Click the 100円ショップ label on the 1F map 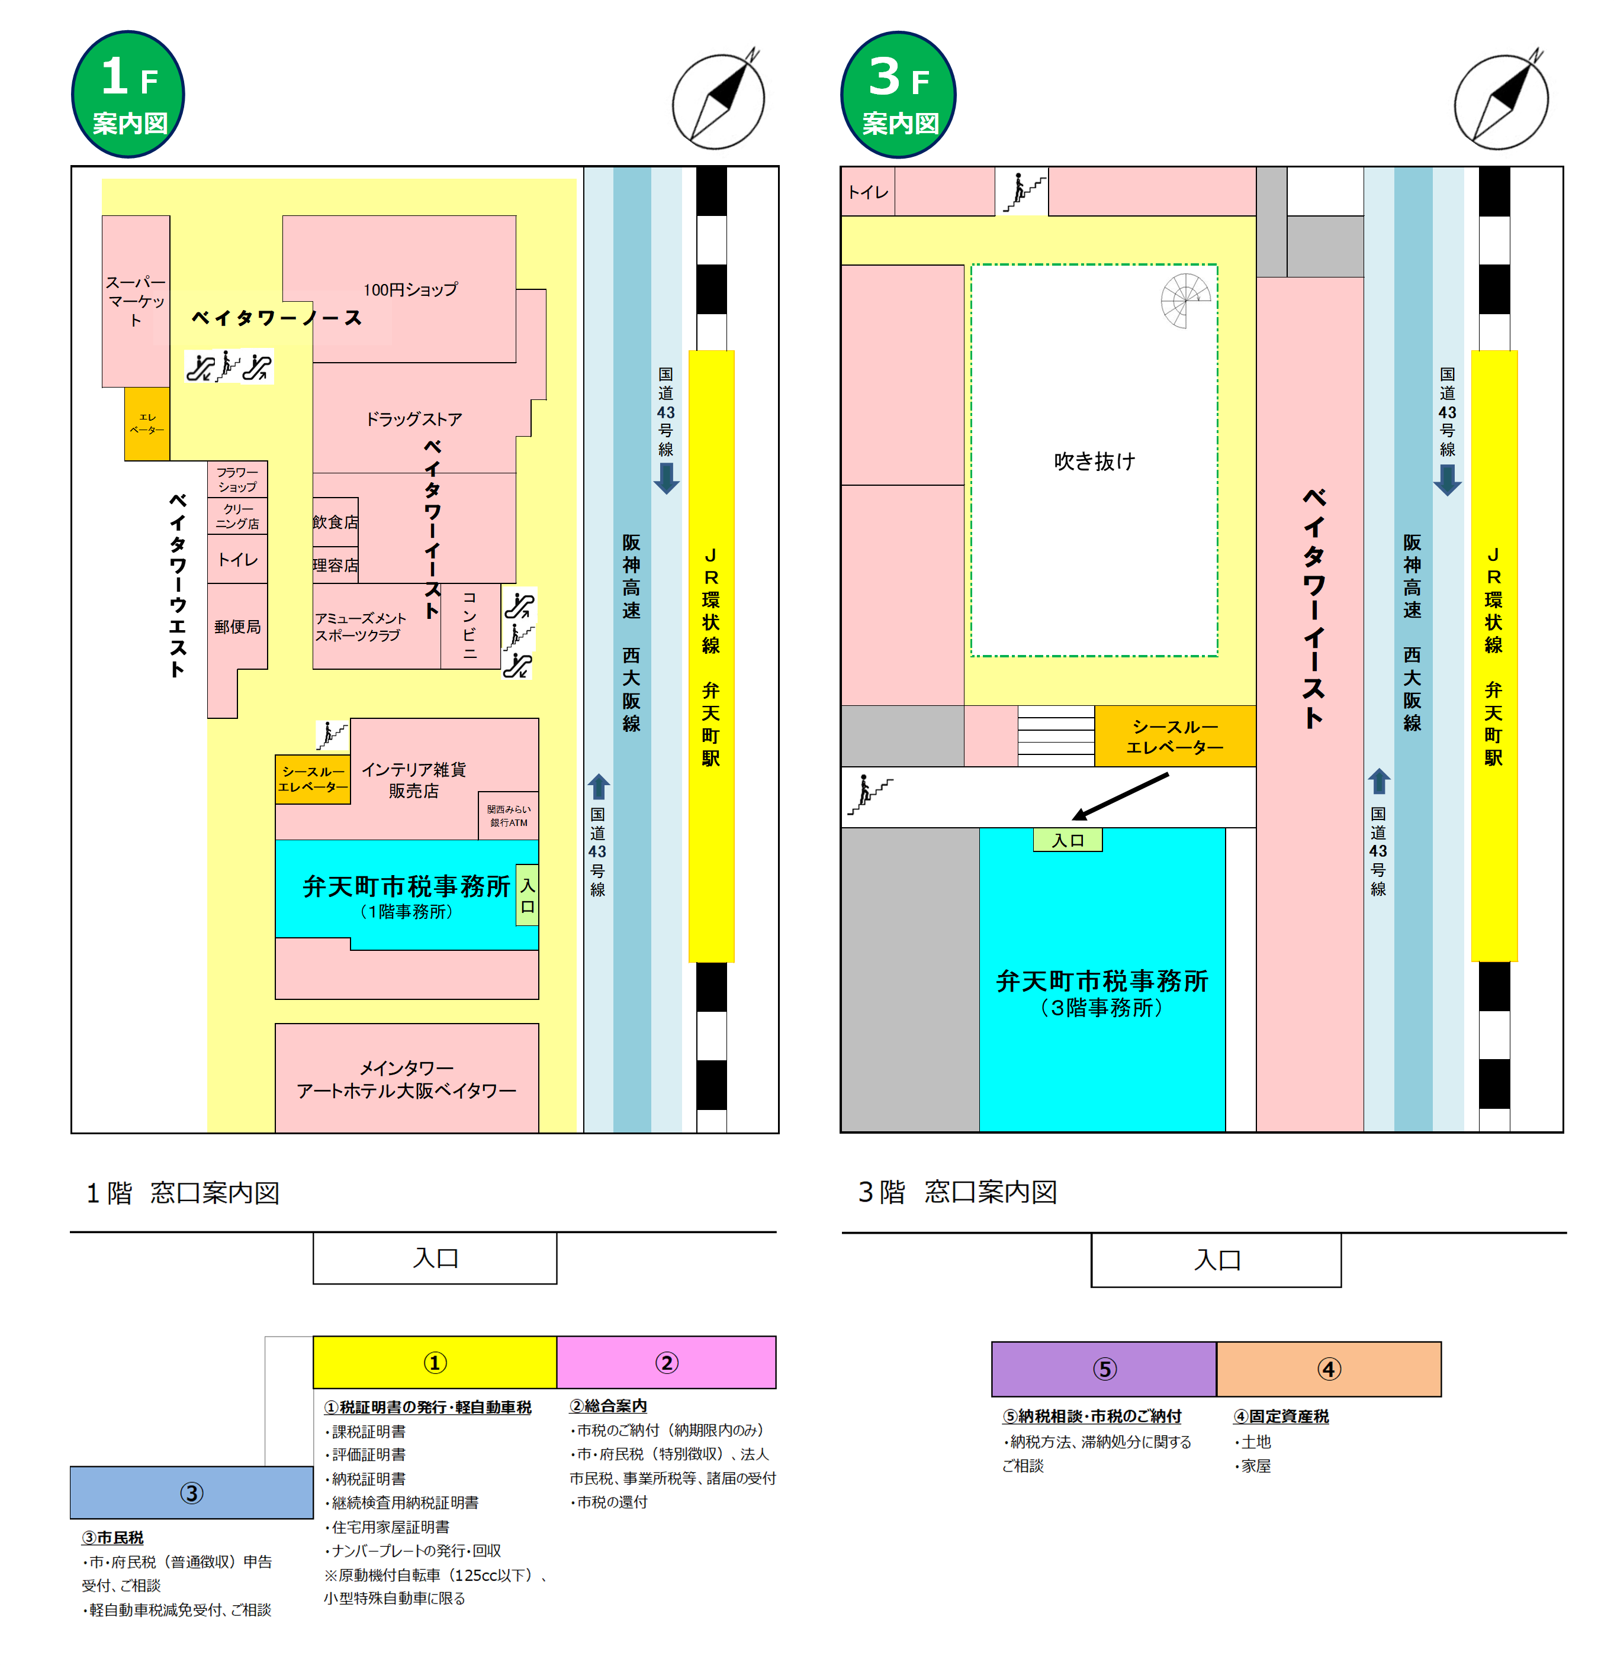(x=410, y=290)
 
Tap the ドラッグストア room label (x=413, y=419)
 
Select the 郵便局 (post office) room (x=237, y=626)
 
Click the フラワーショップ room (x=237, y=480)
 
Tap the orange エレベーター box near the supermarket (x=147, y=424)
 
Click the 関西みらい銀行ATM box (x=508, y=815)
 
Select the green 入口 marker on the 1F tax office (x=527, y=895)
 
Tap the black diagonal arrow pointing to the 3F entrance (x=1120, y=796)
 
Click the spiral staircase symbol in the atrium (x=1186, y=301)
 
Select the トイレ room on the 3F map (x=868, y=192)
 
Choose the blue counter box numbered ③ (x=191, y=1493)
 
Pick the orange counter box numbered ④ (x=1329, y=1369)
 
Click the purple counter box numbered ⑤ (x=1104, y=1369)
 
